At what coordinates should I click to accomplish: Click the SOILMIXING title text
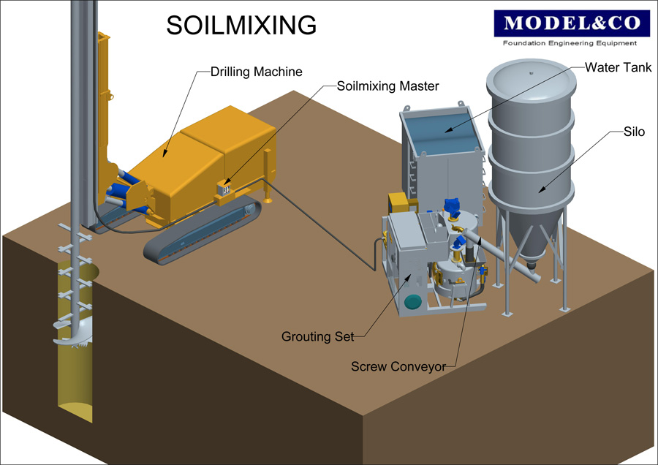[x=241, y=26]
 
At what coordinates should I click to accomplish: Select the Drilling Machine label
[x=256, y=72]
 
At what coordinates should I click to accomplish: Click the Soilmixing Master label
[x=387, y=86]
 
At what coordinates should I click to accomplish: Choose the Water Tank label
[x=618, y=67]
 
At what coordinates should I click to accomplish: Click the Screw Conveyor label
[x=398, y=366]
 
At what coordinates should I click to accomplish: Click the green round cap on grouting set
[x=413, y=301]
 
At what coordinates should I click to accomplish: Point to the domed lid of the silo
[x=529, y=76]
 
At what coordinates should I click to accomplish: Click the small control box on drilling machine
[x=224, y=188]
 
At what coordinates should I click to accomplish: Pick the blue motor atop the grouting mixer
[x=451, y=208]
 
